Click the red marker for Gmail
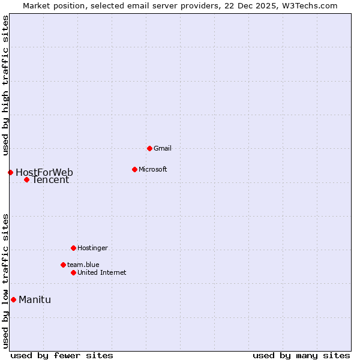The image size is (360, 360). tap(149, 148)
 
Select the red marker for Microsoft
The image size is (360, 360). tap(134, 169)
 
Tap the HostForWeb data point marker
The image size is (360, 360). tap(10, 172)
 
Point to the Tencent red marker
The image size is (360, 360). tap(26, 179)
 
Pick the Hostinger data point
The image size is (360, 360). tap(73, 248)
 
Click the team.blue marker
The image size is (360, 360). tap(63, 265)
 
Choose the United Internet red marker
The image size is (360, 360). tap(73, 272)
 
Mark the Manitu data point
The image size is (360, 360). tap(13, 299)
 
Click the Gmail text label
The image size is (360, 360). tap(163, 148)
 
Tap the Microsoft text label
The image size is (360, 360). tap(153, 169)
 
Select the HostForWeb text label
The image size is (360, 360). tap(44, 173)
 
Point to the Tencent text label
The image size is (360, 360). tap(50, 180)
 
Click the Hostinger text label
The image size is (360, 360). tap(92, 248)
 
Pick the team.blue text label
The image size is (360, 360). tap(83, 265)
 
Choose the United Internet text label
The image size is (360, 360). tap(102, 272)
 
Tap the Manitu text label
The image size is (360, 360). tap(35, 300)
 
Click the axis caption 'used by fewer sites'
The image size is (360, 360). tap(62, 355)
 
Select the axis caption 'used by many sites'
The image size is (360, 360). tap(301, 355)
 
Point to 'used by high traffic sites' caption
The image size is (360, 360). tap(6, 85)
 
